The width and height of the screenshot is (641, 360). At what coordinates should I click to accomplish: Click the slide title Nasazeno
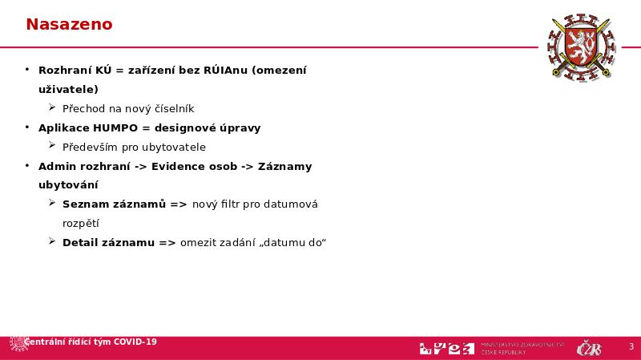tap(69, 25)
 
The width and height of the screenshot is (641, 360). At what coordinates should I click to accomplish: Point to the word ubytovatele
tap(175, 147)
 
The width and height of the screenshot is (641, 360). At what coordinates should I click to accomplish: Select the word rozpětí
tap(80, 224)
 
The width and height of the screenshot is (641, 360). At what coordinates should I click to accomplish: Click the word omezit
tap(198, 243)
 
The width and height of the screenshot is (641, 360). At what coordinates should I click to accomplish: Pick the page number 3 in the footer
tap(631, 347)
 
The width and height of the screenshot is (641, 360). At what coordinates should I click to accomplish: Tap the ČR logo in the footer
tap(589, 348)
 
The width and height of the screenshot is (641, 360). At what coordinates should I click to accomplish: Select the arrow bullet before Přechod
tap(52, 107)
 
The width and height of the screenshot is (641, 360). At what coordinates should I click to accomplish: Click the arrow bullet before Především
tap(52, 146)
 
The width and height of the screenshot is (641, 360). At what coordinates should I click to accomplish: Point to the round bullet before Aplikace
tap(27, 127)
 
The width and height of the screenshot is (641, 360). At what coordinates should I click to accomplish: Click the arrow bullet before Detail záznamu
tap(52, 242)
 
